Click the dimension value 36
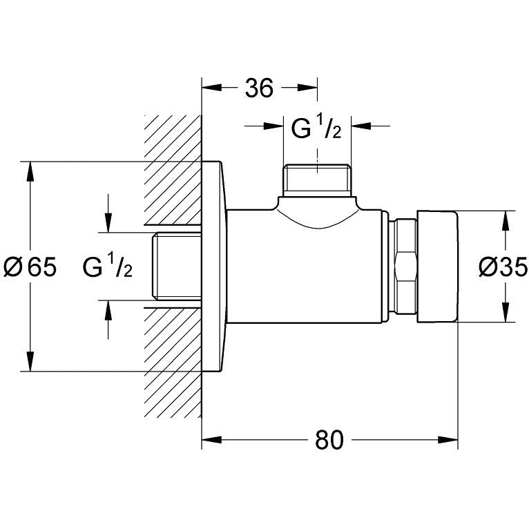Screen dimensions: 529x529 point(260,88)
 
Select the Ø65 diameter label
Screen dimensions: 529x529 point(32,266)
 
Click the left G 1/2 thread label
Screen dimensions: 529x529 point(107,266)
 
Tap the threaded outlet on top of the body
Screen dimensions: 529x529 point(317,180)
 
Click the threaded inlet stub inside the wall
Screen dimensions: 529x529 point(173,266)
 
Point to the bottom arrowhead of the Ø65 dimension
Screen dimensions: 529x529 point(30,362)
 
